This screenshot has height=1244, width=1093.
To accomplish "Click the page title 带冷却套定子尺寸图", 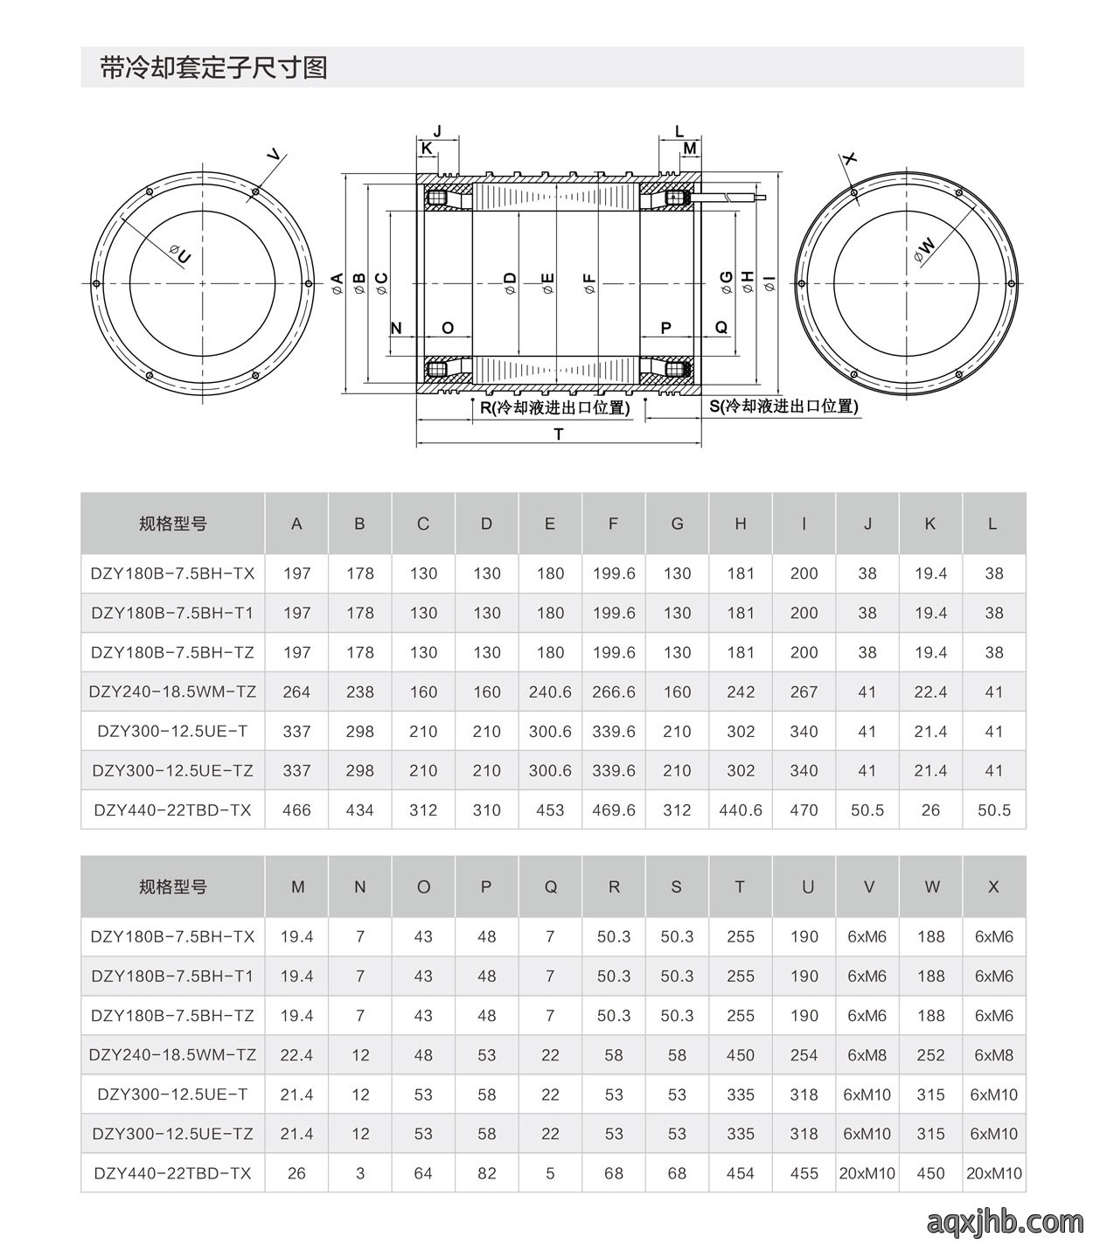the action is tap(213, 67).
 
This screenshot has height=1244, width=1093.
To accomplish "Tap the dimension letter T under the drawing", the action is tap(558, 434).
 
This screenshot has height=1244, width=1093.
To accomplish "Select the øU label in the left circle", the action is tap(180, 254).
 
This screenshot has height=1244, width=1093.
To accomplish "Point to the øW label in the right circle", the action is tap(924, 250).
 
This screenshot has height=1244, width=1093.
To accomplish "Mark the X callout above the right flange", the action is tap(849, 159).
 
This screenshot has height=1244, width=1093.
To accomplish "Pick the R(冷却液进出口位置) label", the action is tap(554, 407).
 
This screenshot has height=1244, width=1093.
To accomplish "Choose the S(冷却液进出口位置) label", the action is tap(784, 406).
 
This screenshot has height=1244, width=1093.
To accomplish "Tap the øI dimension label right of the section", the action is tap(769, 284).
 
